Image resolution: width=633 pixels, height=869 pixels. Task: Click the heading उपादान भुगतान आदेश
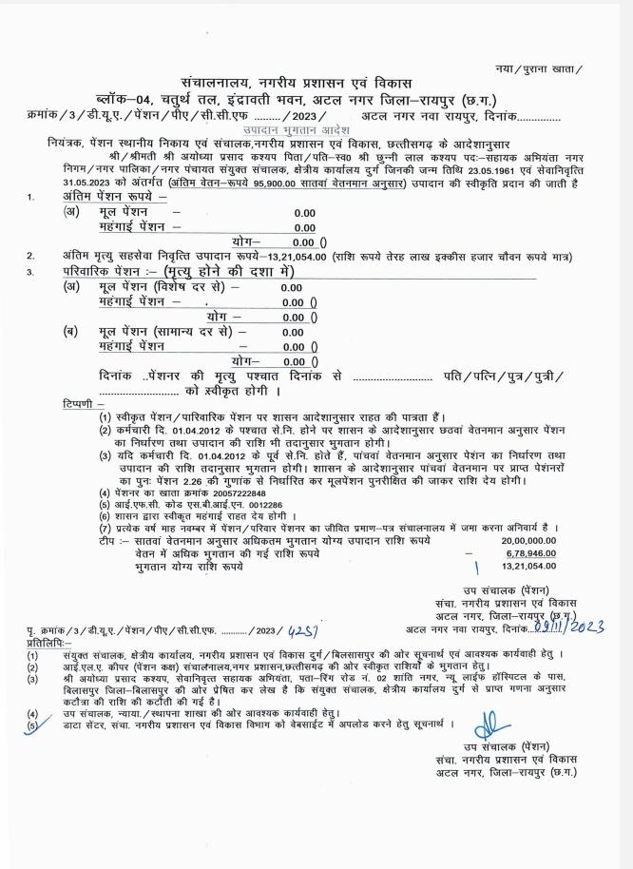click(296, 128)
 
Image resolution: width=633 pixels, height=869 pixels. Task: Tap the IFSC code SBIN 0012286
click(239, 504)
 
